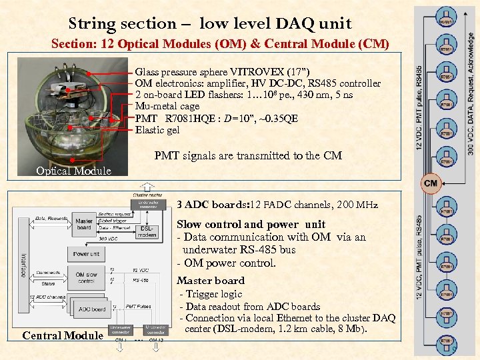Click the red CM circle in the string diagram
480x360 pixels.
[x=430, y=182]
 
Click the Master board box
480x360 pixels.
[x=84, y=224]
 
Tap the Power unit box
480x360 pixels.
[x=87, y=254]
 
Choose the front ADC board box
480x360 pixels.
[x=92, y=309]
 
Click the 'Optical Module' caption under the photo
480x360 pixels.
[x=73, y=171]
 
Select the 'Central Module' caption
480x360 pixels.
[x=63, y=335]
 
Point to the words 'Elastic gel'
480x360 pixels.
[x=157, y=130]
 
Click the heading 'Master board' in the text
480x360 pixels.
[x=211, y=281]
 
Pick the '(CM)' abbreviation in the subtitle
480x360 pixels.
[x=373, y=45]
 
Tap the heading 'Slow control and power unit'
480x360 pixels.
[x=251, y=224]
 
